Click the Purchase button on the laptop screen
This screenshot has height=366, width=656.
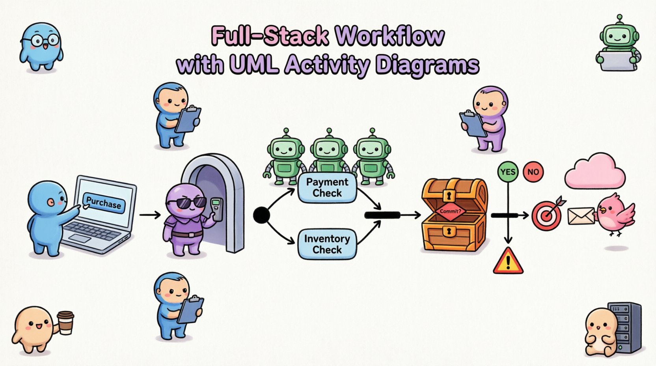(x=104, y=203)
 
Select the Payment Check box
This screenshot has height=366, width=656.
(x=327, y=188)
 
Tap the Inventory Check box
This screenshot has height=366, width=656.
(x=327, y=244)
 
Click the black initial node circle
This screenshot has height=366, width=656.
(x=261, y=215)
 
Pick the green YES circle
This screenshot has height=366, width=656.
(x=508, y=172)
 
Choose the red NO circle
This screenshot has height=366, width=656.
(x=533, y=172)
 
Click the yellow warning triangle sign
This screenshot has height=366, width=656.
(x=508, y=261)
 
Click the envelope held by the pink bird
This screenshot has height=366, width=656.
(x=581, y=216)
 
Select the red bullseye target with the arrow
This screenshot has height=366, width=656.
(x=546, y=215)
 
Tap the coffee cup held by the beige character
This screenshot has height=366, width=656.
(x=65, y=322)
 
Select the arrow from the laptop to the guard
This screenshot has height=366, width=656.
(x=150, y=215)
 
